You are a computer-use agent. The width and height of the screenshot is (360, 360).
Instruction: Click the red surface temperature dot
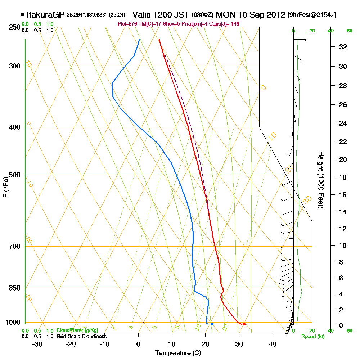(x=244, y=324)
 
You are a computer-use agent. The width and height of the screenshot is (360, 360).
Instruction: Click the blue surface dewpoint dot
(x=212, y=324)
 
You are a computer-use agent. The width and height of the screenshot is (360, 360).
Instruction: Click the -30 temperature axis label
(x=37, y=343)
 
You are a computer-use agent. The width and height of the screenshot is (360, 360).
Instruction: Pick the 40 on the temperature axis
(x=273, y=343)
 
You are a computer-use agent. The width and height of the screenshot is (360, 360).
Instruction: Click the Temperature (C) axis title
(x=178, y=353)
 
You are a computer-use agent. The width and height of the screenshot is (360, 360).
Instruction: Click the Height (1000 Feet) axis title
(x=320, y=180)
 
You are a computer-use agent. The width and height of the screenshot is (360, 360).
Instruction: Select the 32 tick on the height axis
(x=343, y=47)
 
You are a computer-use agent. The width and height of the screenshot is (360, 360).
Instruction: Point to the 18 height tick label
(x=343, y=177)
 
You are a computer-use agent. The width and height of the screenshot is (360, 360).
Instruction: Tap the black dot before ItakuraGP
(x=23, y=15)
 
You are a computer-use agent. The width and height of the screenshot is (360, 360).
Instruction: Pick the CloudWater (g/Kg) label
(x=77, y=330)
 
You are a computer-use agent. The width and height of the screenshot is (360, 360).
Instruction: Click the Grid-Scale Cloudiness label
(x=81, y=336)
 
